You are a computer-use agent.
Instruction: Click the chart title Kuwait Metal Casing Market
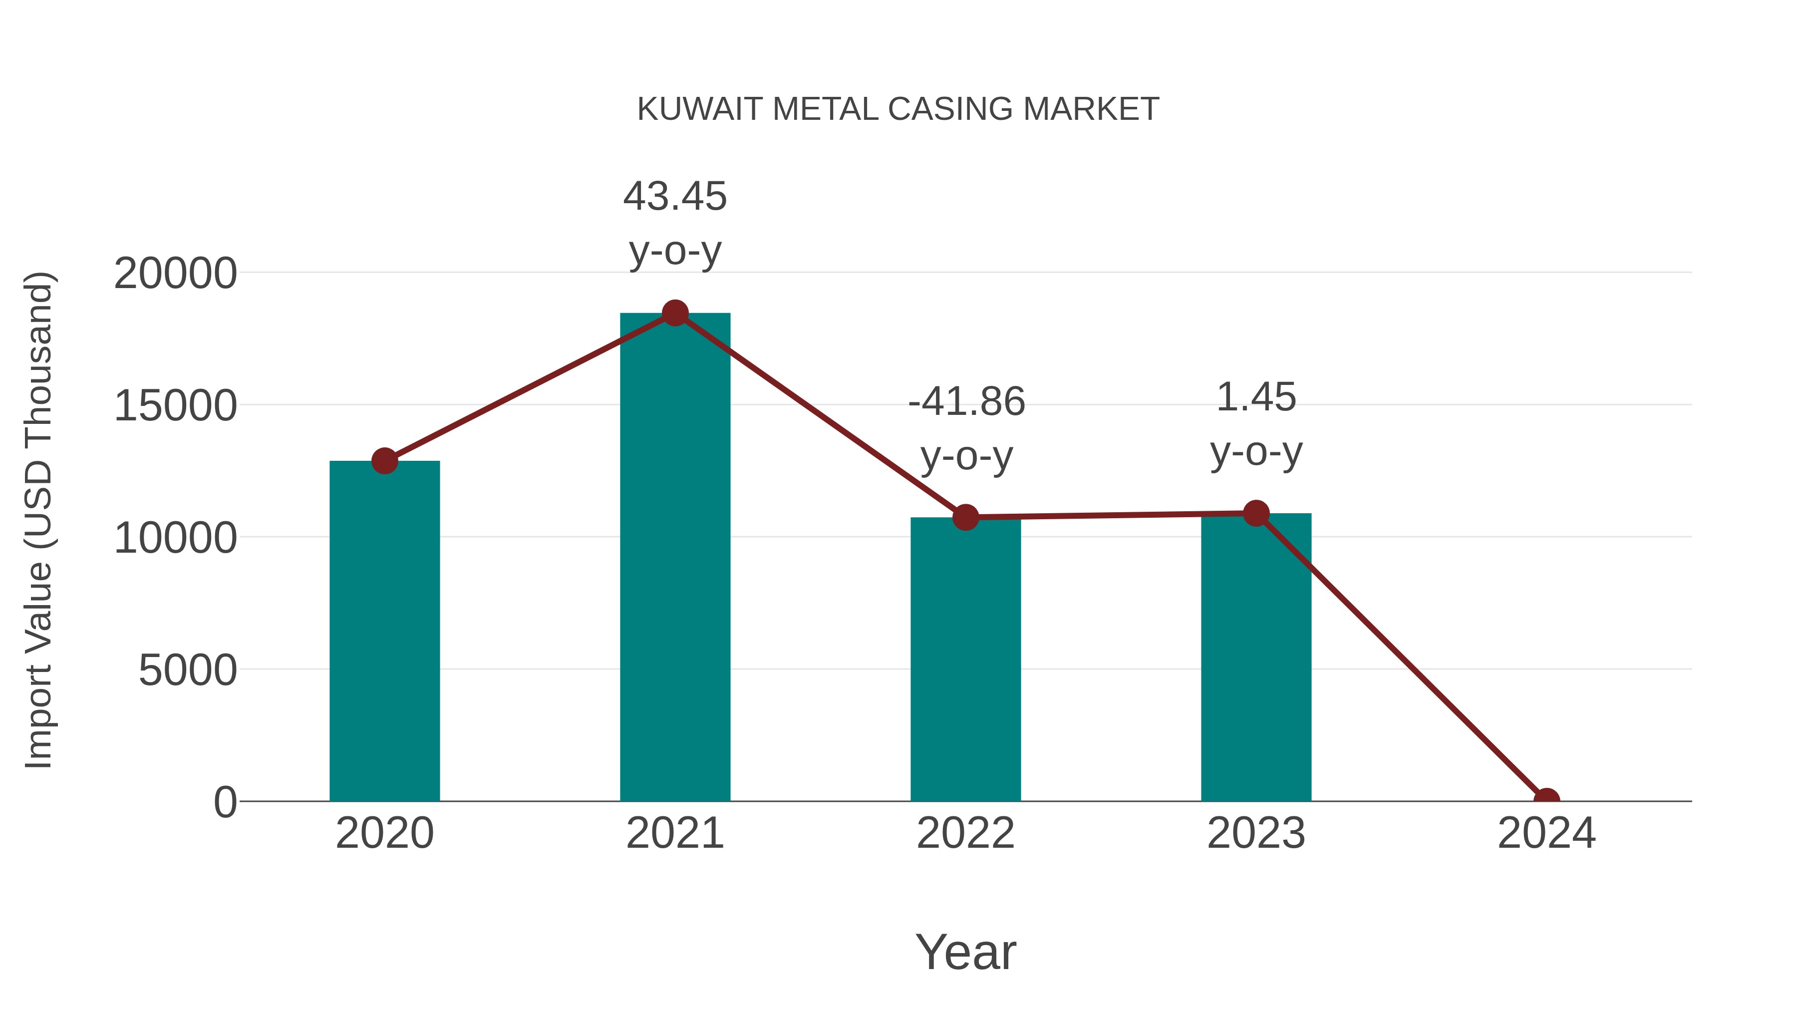point(898,109)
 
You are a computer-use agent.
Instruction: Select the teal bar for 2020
point(384,632)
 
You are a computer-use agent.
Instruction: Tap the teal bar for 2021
point(674,558)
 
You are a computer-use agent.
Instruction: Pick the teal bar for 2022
point(965,660)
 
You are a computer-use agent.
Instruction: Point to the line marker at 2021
point(674,313)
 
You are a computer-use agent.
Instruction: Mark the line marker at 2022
point(965,517)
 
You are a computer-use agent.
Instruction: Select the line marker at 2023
point(1256,514)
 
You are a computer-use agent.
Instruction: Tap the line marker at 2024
point(1546,800)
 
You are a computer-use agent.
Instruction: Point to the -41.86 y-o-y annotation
point(966,428)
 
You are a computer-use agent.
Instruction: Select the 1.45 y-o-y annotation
point(1256,424)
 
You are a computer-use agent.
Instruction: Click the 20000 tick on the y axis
point(175,274)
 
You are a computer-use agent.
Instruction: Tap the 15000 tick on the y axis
point(175,406)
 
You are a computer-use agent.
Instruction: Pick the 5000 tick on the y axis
point(188,671)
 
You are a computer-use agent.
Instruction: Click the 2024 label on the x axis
point(1546,833)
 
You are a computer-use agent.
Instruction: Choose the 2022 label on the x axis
point(965,833)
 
